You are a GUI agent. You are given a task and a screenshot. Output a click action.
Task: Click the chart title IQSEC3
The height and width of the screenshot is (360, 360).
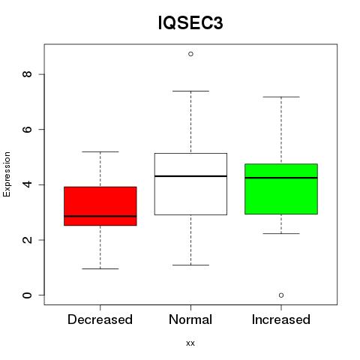pos(190,22)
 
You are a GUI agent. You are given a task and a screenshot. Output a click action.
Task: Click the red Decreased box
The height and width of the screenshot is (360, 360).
pos(100,206)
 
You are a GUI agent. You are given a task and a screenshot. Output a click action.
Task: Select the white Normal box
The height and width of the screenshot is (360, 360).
pos(190,184)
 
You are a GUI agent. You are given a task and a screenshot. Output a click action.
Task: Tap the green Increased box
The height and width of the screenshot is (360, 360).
pos(281,189)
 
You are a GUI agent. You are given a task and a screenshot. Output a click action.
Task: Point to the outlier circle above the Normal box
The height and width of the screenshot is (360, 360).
pos(190,54)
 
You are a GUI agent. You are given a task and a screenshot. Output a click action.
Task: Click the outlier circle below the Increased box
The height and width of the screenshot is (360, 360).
pos(281,295)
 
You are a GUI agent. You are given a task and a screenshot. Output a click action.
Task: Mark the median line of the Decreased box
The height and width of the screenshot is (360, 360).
pos(100,216)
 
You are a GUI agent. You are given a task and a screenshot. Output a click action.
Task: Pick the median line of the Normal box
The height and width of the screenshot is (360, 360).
pos(190,176)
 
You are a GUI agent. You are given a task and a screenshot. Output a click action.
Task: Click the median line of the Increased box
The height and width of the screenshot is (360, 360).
pos(281,178)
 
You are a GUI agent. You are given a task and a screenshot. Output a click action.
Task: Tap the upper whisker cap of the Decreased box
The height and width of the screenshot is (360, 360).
pos(100,151)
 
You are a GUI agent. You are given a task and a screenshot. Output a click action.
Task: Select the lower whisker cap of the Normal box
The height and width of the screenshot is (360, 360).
pos(190,265)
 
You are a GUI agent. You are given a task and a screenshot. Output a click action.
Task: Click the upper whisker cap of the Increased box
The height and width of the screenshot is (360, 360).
pos(281,97)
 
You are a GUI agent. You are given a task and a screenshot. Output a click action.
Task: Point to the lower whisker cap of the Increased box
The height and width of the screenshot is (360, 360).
pos(281,233)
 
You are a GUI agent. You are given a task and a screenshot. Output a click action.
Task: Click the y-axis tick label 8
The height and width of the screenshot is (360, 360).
pos(27,74)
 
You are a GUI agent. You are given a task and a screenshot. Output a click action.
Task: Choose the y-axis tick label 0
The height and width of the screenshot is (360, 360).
pos(27,295)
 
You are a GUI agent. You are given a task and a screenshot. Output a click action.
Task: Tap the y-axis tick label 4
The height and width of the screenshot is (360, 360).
pos(27,184)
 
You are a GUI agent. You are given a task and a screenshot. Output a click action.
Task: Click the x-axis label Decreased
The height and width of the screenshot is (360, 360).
pos(100,319)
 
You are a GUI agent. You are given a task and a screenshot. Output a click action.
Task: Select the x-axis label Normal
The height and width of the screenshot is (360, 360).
pos(190,319)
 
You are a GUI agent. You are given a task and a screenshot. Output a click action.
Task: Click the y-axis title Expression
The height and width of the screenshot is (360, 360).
pos(7,174)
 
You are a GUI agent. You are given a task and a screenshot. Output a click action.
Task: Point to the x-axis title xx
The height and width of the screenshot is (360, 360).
pos(190,343)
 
